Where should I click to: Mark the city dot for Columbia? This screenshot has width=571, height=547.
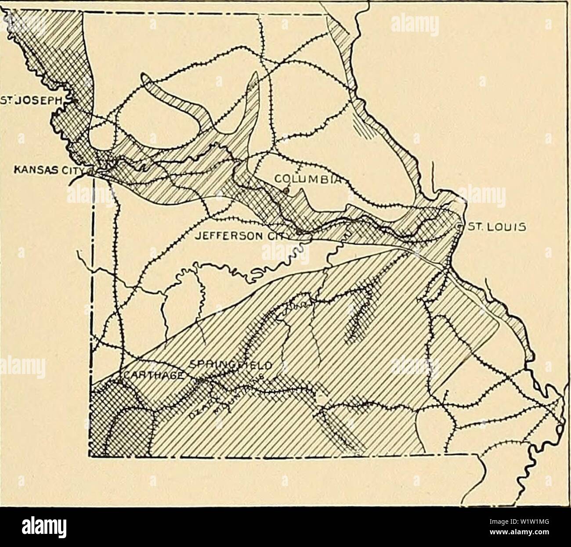click(x=286, y=190)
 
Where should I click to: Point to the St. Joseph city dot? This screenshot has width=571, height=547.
click(x=75, y=100)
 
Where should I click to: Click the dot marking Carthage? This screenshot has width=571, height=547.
click(x=119, y=382)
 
